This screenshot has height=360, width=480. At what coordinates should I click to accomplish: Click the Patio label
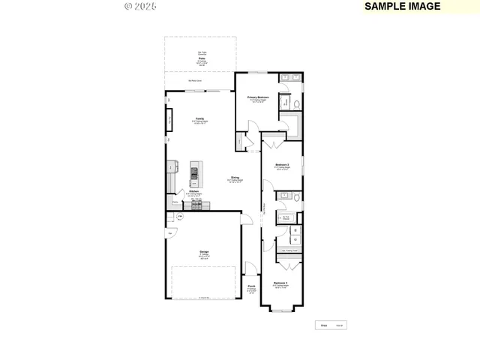click(202, 58)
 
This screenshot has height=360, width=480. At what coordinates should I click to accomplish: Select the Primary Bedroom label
click(258, 97)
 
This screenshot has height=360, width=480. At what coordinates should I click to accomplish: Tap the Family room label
click(200, 118)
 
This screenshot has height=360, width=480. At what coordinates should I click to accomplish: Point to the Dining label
click(235, 178)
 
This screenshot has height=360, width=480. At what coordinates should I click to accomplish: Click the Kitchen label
click(193, 192)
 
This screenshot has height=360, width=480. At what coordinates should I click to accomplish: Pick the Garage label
click(204, 251)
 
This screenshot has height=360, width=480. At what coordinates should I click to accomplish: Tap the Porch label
click(251, 286)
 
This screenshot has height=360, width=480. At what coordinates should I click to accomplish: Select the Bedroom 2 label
click(282, 164)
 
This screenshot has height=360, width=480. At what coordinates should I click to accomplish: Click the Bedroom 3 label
click(280, 283)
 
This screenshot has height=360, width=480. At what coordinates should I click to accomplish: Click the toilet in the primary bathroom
click(296, 103)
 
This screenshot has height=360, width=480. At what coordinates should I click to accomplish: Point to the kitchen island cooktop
click(194, 171)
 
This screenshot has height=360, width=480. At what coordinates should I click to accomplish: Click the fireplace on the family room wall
click(170, 121)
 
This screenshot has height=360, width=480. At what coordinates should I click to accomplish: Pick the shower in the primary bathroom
click(285, 102)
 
